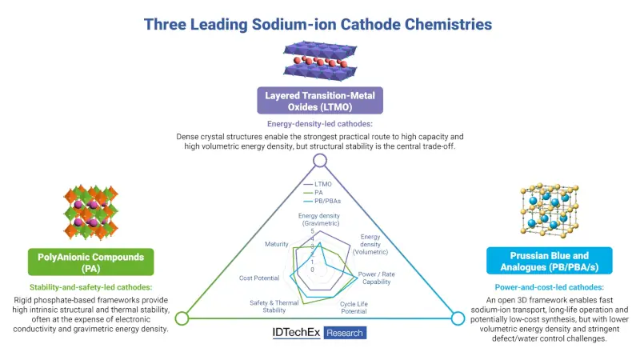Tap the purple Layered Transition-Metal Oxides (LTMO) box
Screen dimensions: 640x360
[x=320, y=101]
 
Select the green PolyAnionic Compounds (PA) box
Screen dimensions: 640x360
[x=91, y=262]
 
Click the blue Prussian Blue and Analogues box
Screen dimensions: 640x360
[x=550, y=261]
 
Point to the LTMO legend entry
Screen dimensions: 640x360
[x=318, y=184]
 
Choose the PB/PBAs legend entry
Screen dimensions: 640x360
[x=322, y=201]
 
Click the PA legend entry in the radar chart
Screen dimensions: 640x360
[x=313, y=192]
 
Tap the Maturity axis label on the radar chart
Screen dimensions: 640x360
[x=276, y=244]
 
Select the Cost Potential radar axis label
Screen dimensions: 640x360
[x=259, y=278]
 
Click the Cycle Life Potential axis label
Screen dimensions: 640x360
[x=354, y=307]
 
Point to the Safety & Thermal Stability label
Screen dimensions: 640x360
[x=274, y=306]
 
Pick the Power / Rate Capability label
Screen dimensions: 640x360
[x=376, y=278]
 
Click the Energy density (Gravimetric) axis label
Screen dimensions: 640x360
[x=319, y=219]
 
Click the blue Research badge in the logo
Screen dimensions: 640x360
[x=345, y=333]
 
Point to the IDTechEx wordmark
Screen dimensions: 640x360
[x=296, y=333]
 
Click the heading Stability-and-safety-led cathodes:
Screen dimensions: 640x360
[x=90, y=287]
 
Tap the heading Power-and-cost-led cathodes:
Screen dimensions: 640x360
[x=550, y=287]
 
